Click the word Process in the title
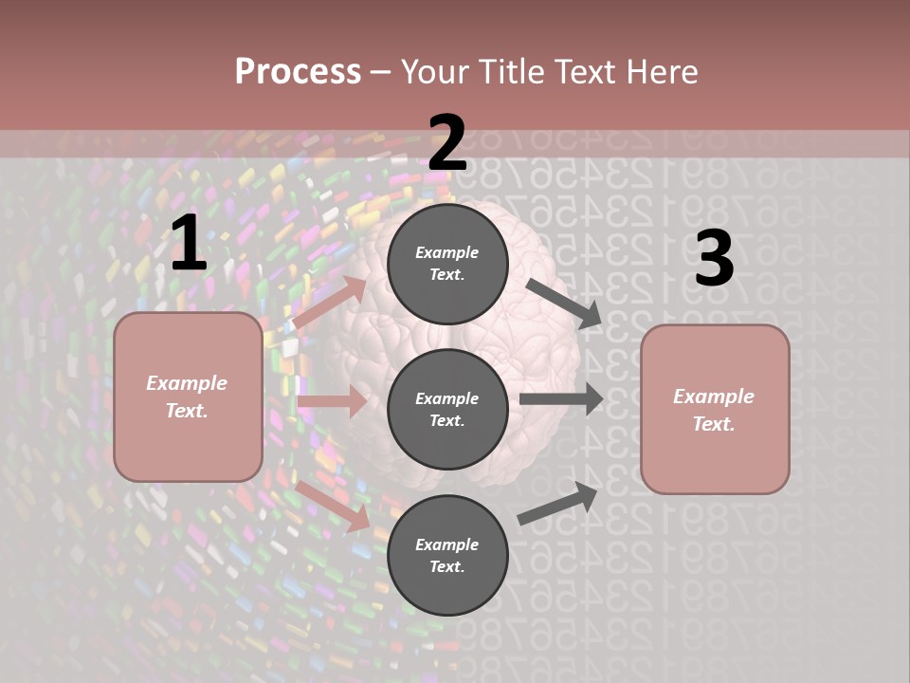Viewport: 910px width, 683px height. coord(298,71)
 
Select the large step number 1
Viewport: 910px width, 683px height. coord(188,244)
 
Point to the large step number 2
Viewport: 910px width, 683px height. coord(447,143)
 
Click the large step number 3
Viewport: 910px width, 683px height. coord(714,259)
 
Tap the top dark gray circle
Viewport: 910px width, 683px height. coord(447,264)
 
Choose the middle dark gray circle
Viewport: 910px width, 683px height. coord(447,409)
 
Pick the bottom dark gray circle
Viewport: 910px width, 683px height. coord(447,555)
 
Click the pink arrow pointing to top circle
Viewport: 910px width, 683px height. coord(329,303)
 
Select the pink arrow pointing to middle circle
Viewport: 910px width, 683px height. coord(332,401)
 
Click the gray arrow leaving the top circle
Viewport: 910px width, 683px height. coord(564,303)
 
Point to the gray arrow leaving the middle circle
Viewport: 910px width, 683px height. coord(561,398)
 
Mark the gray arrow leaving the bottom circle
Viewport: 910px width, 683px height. coord(558,504)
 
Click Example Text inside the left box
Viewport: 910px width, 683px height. coord(187,397)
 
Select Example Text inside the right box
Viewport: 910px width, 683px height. coord(714,410)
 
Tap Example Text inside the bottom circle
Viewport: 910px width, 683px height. coord(446,555)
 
